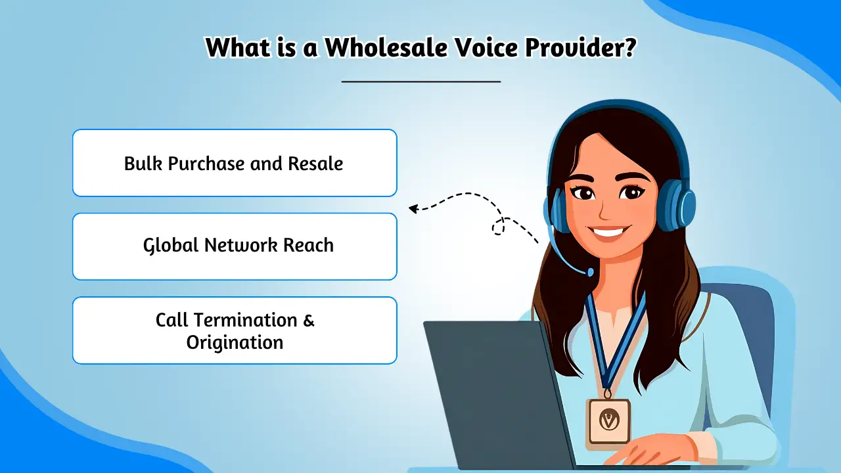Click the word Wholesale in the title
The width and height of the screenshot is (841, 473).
point(378,48)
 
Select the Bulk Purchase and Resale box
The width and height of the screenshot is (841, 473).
point(235,163)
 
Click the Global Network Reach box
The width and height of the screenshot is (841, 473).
point(235,246)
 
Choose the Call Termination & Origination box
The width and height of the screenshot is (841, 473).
point(235,330)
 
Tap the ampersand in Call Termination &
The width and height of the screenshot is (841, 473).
point(308,321)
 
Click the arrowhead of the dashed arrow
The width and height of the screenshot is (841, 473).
point(413,209)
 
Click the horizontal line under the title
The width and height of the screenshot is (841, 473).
point(421,81)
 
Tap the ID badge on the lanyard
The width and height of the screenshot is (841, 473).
point(608,421)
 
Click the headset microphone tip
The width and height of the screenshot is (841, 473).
point(589,272)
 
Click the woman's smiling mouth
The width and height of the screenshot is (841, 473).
point(610,232)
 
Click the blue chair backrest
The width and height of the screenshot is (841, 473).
point(749,322)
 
